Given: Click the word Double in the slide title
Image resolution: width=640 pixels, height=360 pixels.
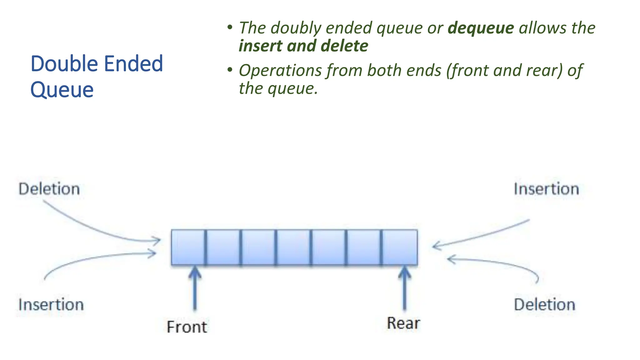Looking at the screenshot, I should tap(64, 64).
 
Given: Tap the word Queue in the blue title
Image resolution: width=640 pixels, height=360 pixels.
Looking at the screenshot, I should tap(62, 90).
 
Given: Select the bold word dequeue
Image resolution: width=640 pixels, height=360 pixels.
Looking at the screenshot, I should tap(481, 28).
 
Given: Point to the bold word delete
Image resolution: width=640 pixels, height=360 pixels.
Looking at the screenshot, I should tap(344, 46).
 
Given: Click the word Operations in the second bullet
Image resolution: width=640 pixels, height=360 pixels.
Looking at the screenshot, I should tap(280, 70).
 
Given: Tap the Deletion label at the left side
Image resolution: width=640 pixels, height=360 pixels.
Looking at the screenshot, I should tap(49, 189).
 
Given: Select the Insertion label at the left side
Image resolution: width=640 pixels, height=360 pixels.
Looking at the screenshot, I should tap(51, 305).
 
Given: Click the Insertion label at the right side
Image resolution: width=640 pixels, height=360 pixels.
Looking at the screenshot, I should tap(546, 189).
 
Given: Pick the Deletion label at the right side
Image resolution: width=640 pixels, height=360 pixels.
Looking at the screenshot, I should tap(544, 305).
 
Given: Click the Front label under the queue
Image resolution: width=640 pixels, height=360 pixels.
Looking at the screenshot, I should tap(187, 327).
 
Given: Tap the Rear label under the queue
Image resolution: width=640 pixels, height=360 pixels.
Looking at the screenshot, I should tap(403, 323).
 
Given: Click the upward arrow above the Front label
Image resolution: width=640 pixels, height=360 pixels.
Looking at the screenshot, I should tap(195, 287).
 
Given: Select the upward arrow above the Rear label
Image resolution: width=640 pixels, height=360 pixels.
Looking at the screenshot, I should tap(404, 287).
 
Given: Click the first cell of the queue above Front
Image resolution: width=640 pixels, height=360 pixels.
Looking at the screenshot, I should tap(188, 247).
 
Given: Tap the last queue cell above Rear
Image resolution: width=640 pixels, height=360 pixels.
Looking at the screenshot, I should tap(400, 247).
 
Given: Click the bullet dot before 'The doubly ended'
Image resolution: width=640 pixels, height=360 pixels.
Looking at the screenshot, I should tap(230, 27).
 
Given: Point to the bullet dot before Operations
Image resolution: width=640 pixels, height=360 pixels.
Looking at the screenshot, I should tap(230, 70).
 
